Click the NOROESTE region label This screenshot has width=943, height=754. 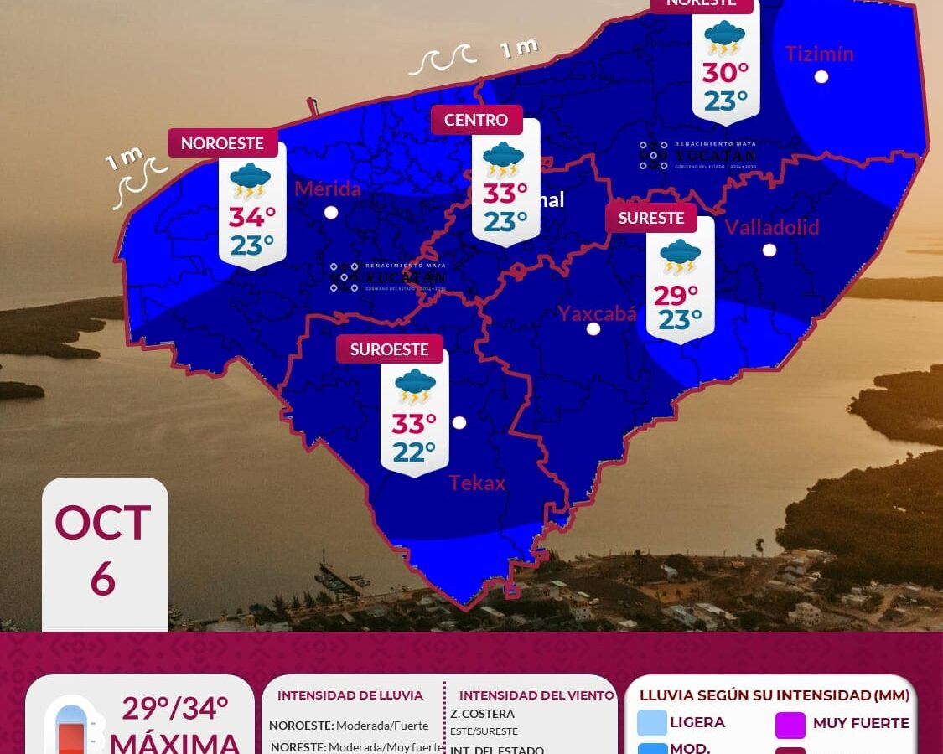point(222,143)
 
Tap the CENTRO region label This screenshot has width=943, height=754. point(476,120)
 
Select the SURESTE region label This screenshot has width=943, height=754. point(651,218)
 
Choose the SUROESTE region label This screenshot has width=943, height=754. point(389,349)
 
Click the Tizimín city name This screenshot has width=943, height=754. point(819,54)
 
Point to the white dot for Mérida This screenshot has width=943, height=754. point(331,212)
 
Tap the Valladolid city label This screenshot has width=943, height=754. point(771,227)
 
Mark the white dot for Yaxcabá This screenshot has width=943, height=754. point(593,328)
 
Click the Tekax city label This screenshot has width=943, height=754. point(477,483)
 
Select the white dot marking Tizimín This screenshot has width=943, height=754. point(821,76)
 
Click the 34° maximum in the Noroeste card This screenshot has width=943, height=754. point(252,217)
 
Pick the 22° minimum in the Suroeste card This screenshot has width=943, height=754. point(414,452)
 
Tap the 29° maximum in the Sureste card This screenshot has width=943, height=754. point(676,295)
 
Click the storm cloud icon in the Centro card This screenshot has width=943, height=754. point(503,159)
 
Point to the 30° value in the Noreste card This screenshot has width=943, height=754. point(725,74)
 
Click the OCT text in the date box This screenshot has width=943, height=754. point(103,524)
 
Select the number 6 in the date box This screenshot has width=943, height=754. point(102,579)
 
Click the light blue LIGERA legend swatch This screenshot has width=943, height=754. point(651,722)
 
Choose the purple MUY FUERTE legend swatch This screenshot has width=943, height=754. point(790,724)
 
